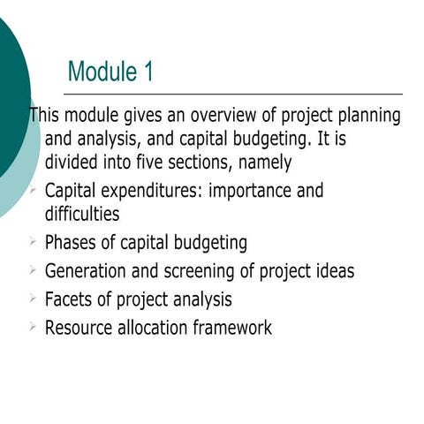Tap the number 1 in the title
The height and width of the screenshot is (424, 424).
pos(147,72)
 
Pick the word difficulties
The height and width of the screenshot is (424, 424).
pos(81,214)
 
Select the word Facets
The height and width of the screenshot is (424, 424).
pos(70,299)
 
